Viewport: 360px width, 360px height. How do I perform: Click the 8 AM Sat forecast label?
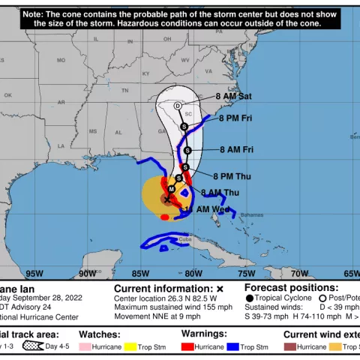coord(234,97)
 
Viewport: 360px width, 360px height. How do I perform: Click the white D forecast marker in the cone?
coord(178,106)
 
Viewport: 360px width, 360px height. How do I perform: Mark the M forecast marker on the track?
coord(172,189)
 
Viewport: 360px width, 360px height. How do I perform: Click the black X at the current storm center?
coord(166,199)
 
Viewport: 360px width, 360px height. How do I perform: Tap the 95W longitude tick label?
coord(34,274)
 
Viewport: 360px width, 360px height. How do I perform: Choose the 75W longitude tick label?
coord(247,274)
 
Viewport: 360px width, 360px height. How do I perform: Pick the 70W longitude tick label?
coord(299,274)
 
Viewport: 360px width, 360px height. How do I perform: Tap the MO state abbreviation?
coord(61,60)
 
